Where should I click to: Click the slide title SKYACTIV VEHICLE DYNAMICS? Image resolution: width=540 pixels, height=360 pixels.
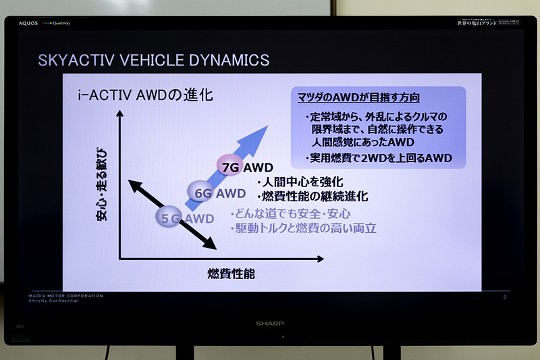154,59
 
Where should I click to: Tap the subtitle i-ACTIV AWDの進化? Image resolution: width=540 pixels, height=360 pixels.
145,95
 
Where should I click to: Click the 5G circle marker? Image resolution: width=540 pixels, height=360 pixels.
171,217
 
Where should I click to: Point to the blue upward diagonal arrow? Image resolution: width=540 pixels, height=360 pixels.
250,146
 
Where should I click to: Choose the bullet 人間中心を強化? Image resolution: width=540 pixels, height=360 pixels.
300,182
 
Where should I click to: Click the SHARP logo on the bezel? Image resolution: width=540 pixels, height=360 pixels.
270,324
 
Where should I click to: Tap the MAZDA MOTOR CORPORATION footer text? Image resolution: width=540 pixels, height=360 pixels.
66,296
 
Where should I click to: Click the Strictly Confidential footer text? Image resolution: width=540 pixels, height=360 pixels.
53,301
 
